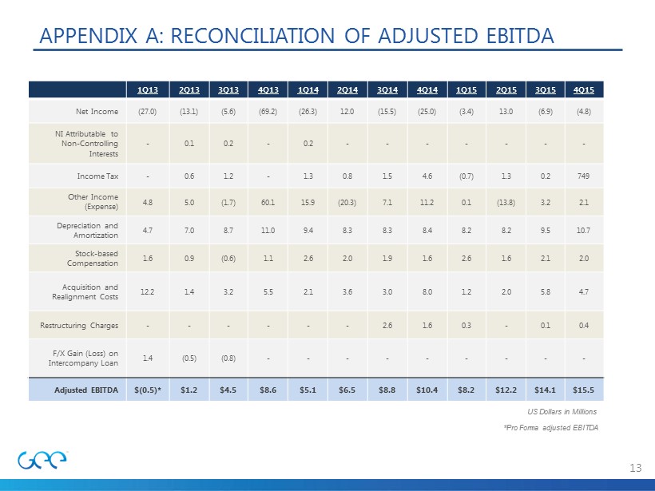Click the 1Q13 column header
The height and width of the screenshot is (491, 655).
click(x=148, y=89)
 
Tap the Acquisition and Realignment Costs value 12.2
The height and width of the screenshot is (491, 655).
click(x=148, y=292)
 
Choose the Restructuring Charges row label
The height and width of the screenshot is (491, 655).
click(x=79, y=325)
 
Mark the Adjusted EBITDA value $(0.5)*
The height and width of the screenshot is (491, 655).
click(x=148, y=390)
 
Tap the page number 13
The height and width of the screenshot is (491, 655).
click(x=636, y=467)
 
